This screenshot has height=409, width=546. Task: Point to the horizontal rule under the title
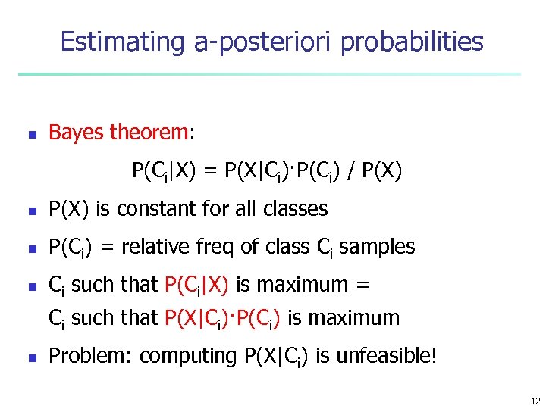coord(269,74)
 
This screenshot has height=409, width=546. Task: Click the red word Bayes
coord(77,133)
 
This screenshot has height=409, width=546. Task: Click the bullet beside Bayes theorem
coord(32,134)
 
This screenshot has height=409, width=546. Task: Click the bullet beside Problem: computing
coord(32,356)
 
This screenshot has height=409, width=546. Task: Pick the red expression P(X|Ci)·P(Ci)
coord(224,318)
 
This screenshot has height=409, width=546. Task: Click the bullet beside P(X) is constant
coord(32,210)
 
